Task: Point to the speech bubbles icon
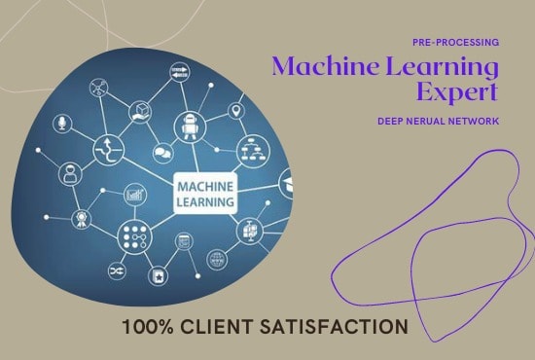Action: [161, 153]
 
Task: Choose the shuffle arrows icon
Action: [119, 270]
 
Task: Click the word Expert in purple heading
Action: [456, 92]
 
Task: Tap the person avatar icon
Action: [70, 176]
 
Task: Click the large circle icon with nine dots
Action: [133, 234]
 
